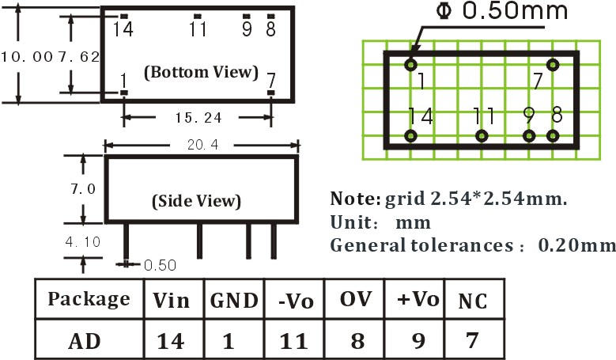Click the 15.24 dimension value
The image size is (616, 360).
coord(198,118)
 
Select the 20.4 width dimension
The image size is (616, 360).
coord(202,145)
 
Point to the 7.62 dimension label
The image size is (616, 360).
coord(79,57)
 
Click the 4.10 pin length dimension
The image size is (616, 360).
coord(83,241)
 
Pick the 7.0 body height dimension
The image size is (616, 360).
coord(83,189)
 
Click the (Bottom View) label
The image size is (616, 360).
coord(201,72)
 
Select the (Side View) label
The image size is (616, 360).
coord(196,201)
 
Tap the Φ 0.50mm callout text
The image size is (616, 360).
coord(502,10)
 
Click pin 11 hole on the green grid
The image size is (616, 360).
coord(482,136)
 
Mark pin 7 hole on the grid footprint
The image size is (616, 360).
coord(553,64)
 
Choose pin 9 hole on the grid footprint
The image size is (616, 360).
coord(529,136)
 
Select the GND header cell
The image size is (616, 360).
coord(234,299)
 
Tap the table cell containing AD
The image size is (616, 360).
coord(89,339)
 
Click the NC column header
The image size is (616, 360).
coord(474,299)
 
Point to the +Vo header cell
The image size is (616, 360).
coord(414,299)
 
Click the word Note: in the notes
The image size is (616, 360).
coord(355,199)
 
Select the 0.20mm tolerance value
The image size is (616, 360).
coord(576,245)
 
